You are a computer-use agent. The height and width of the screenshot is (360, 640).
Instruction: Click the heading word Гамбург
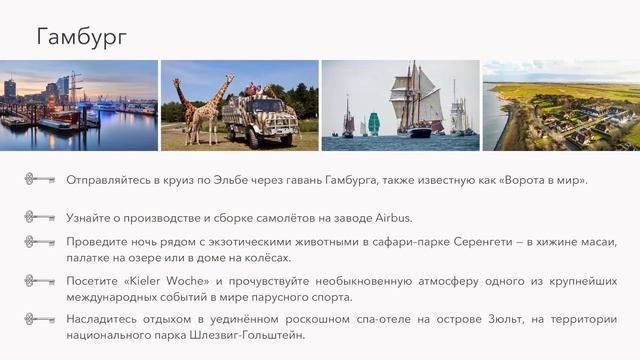(82, 37)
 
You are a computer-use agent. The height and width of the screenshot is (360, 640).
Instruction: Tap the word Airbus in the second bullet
(391, 217)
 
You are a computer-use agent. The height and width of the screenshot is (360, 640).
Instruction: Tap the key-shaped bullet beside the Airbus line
(39, 217)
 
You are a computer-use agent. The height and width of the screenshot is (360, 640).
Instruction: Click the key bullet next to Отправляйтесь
(39, 180)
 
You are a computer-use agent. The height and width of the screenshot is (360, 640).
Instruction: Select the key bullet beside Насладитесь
(39, 319)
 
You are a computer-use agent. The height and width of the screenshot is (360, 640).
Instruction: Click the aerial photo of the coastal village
(561, 105)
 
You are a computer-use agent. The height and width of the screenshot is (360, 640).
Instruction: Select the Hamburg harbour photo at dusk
(79, 105)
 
